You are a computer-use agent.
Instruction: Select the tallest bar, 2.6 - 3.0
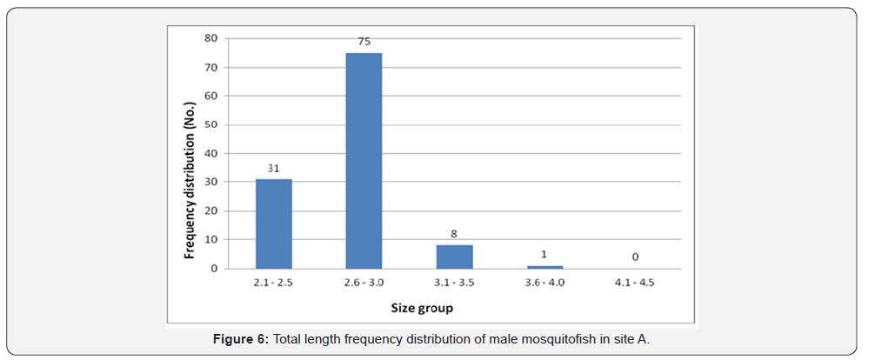tap(364, 161)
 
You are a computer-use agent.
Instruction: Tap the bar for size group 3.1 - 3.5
tap(454, 257)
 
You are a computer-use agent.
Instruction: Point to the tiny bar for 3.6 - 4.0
tap(545, 267)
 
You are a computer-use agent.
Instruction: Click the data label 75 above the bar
tap(364, 40)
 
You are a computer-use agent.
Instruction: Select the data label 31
tap(273, 168)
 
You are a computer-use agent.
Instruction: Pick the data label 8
tap(455, 234)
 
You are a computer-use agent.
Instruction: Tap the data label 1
tap(545, 254)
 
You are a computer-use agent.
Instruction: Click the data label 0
tap(636, 257)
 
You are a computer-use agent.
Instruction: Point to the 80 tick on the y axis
tap(210, 38)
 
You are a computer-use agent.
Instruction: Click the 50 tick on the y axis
tap(210, 124)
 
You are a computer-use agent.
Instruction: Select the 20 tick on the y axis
tap(210, 210)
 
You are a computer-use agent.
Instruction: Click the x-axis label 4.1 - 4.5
tap(636, 282)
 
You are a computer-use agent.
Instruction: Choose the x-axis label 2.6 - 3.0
tap(364, 282)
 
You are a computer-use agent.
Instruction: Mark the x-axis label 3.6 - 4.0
tap(545, 282)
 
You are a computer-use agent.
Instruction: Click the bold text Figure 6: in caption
tap(241, 340)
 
